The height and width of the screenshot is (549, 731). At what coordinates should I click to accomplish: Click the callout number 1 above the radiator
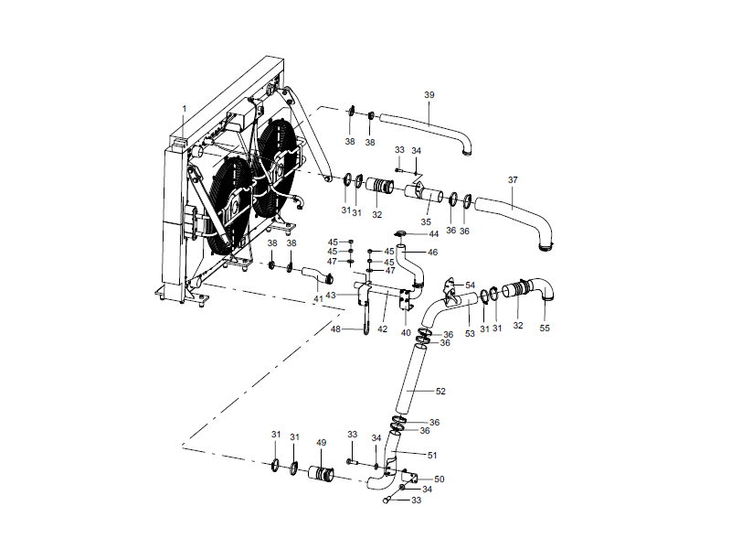[x=184, y=108]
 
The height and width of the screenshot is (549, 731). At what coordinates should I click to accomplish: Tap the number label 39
[x=429, y=95]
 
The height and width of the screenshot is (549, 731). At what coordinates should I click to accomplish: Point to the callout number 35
[x=426, y=222]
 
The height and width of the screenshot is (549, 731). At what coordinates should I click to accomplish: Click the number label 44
[x=433, y=234]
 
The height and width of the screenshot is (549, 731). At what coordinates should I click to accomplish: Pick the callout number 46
[x=433, y=252]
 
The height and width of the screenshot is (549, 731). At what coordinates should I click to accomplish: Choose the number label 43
[x=331, y=295]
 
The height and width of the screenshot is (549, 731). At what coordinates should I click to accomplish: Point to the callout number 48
[x=335, y=329]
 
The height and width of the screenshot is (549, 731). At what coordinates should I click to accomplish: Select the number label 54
[x=471, y=285]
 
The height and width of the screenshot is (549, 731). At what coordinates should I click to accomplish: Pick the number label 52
[x=440, y=391]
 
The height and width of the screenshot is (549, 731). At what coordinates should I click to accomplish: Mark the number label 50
[x=439, y=479]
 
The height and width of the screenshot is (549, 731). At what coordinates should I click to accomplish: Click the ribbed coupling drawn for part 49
[x=321, y=474]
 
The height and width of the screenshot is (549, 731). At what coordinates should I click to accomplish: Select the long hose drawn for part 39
[x=425, y=128]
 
